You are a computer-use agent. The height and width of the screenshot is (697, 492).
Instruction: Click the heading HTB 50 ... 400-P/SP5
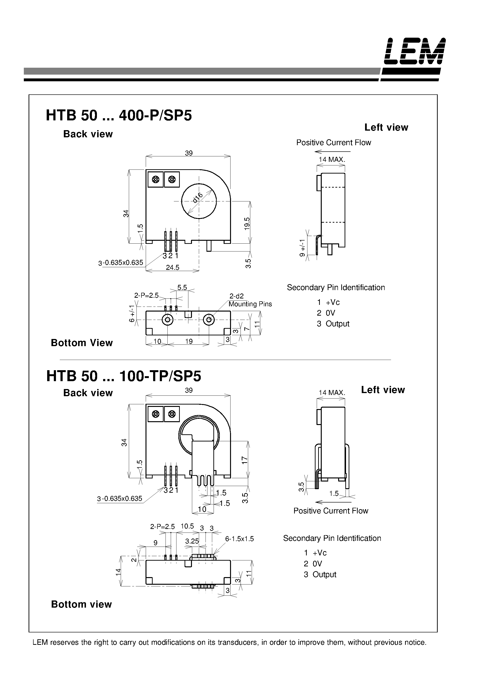point(119,116)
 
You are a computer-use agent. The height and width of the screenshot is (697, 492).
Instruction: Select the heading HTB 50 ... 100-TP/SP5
point(123,376)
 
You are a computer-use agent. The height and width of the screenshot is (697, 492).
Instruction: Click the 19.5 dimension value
point(247,224)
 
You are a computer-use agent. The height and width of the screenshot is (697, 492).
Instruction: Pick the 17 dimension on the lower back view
point(245,460)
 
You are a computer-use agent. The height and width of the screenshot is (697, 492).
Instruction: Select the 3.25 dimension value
point(192,541)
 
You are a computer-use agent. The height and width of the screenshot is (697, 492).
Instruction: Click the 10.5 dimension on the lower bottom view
point(187,526)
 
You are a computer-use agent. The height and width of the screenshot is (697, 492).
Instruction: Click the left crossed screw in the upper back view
point(156,179)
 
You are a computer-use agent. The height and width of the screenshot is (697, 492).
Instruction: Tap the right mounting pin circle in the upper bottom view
point(208,319)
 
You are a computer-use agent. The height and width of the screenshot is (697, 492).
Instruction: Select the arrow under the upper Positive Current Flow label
point(332,151)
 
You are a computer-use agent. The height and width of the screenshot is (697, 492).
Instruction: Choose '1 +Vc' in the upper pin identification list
point(328,302)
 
